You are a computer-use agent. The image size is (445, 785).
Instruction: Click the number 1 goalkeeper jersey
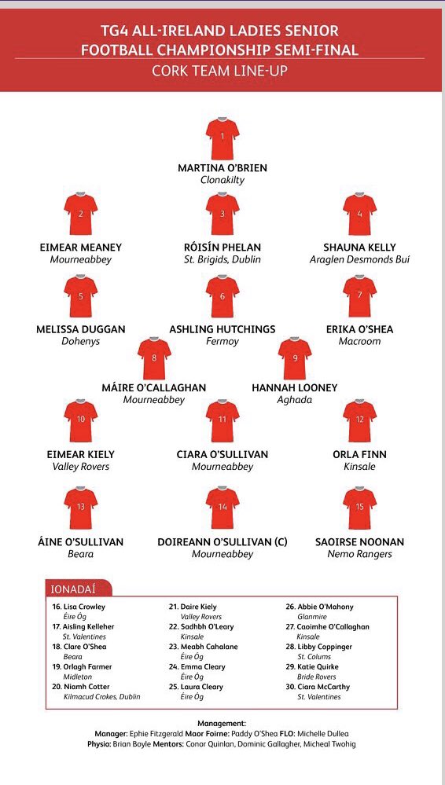pos(222,139)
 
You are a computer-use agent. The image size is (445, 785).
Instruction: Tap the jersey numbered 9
pos(295,359)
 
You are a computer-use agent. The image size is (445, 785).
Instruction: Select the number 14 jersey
pos(222,508)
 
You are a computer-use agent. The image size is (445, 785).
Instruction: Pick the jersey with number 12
pos(359,421)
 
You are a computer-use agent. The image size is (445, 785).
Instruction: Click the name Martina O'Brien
pos(222,168)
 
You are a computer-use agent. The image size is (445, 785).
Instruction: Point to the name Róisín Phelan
pos(222,248)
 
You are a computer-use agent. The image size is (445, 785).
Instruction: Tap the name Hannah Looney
pos(295,387)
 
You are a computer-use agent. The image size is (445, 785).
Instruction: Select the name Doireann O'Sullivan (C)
pos(222,542)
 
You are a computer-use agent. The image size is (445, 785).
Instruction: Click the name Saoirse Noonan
pos(359,542)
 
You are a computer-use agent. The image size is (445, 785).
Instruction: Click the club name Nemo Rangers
pos(359,555)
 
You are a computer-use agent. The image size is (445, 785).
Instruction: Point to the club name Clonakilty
pos(222,180)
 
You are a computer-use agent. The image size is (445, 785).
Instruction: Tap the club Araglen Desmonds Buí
pos(359,259)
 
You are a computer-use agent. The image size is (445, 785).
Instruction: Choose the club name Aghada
pos(295,399)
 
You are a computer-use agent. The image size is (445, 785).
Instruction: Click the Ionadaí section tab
pos(76,589)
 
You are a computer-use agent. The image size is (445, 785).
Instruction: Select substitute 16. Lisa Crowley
pos(79,607)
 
